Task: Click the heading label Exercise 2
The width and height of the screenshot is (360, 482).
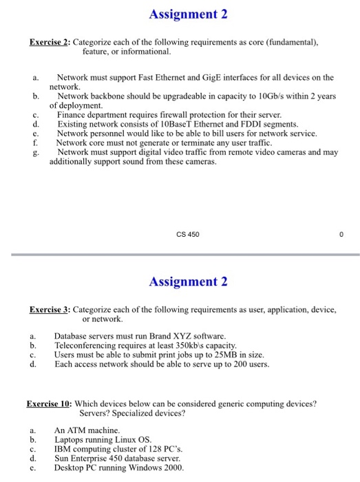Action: [x=49, y=42]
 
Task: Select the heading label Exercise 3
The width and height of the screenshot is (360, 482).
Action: [x=49, y=310]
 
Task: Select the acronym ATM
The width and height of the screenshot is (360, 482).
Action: [x=75, y=429]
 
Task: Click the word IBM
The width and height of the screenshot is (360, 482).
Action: [x=64, y=447]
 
